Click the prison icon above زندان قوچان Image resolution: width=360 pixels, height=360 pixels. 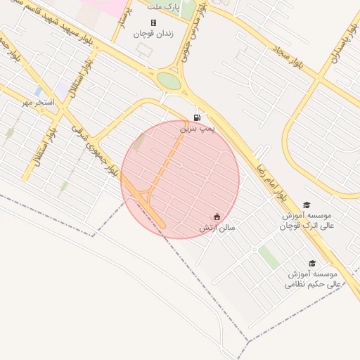(x=153, y=22)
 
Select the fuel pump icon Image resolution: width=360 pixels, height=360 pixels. (x=198, y=117)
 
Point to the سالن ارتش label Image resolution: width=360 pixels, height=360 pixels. (x=217, y=228)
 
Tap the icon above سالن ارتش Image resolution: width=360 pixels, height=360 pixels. (x=217, y=217)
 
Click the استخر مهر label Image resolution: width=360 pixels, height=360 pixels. (x=37, y=103)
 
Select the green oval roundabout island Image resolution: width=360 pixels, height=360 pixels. (x=169, y=81)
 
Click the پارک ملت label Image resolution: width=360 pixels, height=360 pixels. (x=164, y=6)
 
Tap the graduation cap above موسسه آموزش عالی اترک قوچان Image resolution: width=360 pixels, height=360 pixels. (x=307, y=205)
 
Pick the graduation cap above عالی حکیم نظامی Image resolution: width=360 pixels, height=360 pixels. (x=311, y=263)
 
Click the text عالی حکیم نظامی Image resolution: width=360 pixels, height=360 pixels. (x=313, y=284)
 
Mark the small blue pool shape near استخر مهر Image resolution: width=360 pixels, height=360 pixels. (x=38, y=91)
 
